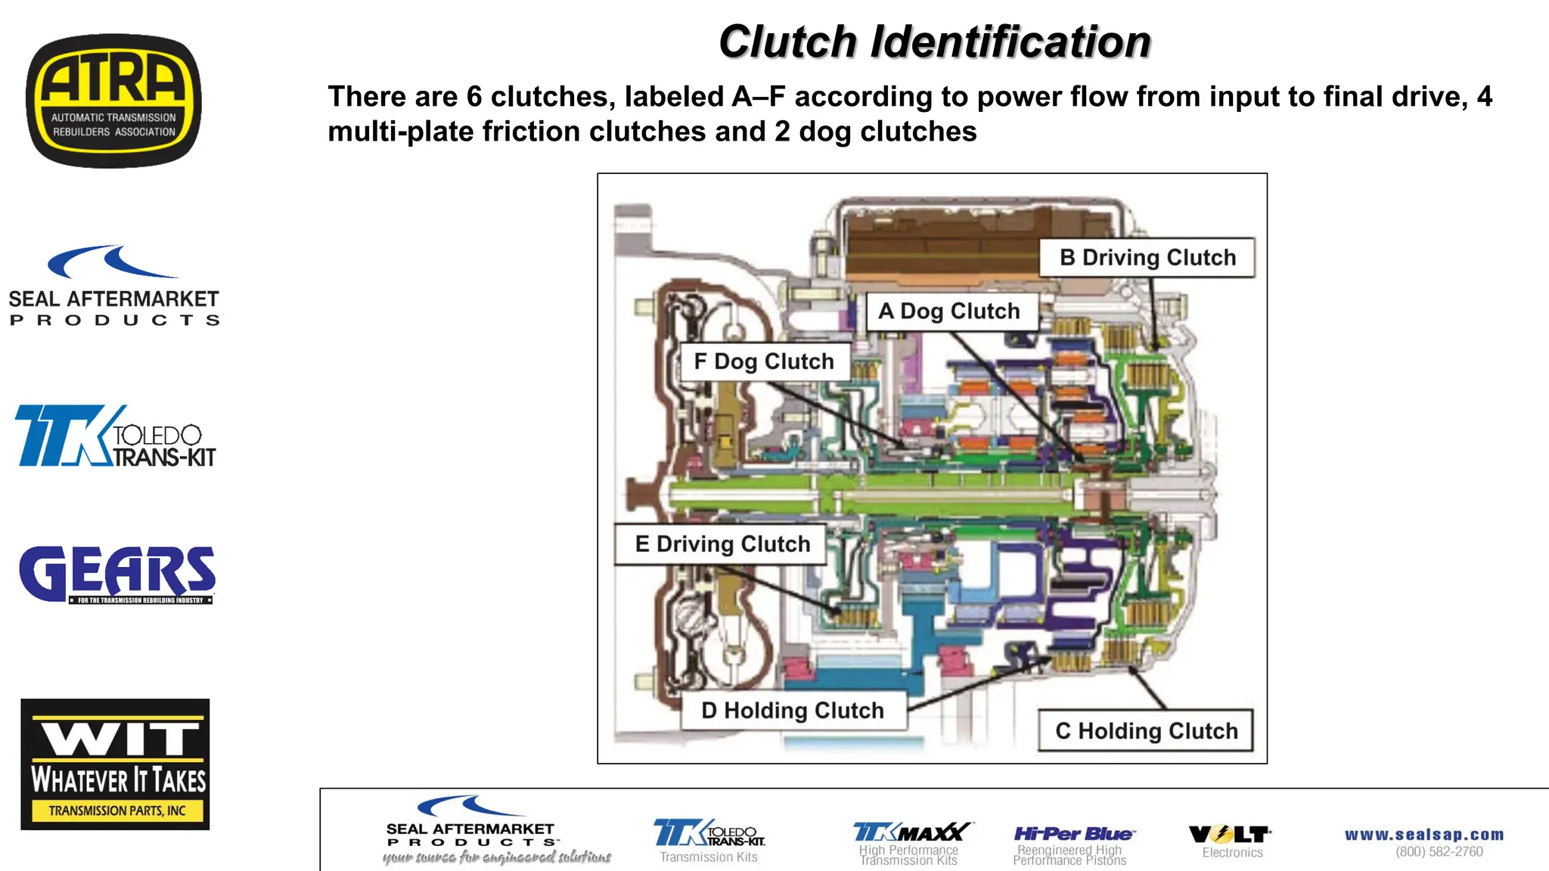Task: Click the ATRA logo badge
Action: pyautogui.click(x=113, y=101)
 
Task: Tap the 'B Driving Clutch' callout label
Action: pyautogui.click(x=1147, y=258)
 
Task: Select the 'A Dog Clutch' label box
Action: pyautogui.click(x=949, y=312)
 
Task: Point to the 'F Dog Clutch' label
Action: pyautogui.click(x=764, y=361)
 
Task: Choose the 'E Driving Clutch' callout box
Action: pyautogui.click(x=722, y=544)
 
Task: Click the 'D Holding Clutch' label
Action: pyautogui.click(x=793, y=711)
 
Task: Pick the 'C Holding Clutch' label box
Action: pyautogui.click(x=1146, y=731)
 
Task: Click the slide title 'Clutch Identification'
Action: pyautogui.click(x=934, y=42)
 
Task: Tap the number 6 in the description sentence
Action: pyautogui.click(x=474, y=97)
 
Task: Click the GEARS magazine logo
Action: pyautogui.click(x=117, y=575)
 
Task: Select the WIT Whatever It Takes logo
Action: pyautogui.click(x=115, y=764)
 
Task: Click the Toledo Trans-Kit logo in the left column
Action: pyautogui.click(x=115, y=436)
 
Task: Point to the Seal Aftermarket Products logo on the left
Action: pyautogui.click(x=113, y=287)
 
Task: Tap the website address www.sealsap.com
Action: pyautogui.click(x=1424, y=835)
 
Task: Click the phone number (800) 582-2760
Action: pyautogui.click(x=1439, y=852)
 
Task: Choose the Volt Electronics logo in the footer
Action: pyautogui.click(x=1230, y=835)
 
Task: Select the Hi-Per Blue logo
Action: pyautogui.click(x=1073, y=834)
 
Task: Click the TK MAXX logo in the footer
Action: pyautogui.click(x=911, y=832)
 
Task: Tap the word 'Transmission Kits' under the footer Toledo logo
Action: pyautogui.click(x=709, y=857)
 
